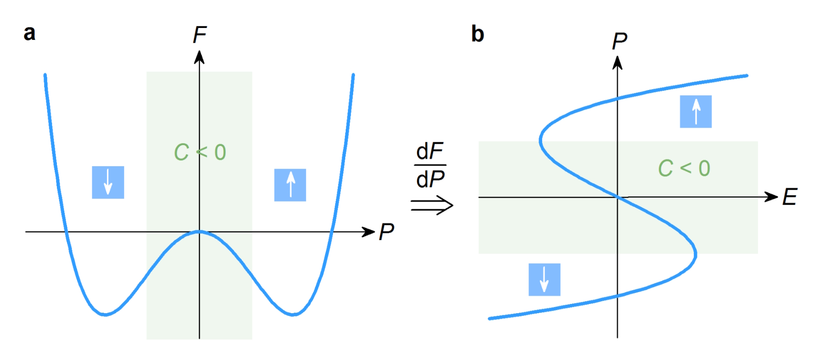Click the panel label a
(x=29, y=34)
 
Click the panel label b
(x=477, y=34)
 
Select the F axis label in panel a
(x=200, y=35)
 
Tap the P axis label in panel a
(x=386, y=231)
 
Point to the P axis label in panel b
(x=619, y=41)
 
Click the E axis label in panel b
(x=790, y=197)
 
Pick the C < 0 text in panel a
(x=200, y=152)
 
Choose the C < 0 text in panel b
(x=684, y=168)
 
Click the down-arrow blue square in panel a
(x=108, y=182)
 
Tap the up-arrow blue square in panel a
(x=290, y=185)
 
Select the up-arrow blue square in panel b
(x=696, y=112)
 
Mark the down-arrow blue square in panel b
(x=544, y=279)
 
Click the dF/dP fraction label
(x=430, y=165)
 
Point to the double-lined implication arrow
(x=432, y=205)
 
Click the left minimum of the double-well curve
(x=106, y=315)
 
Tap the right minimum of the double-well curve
(x=293, y=315)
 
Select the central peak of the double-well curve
(x=199, y=231)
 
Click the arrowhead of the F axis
(x=199, y=57)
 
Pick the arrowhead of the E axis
(x=771, y=197)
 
